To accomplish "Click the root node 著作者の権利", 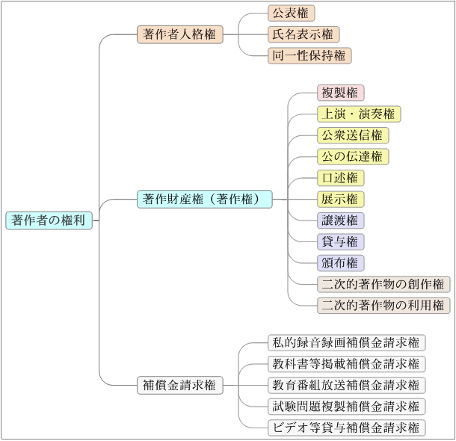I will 49,220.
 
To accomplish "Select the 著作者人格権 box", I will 179,34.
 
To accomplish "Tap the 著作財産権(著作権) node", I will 204,199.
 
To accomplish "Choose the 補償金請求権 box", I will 179,385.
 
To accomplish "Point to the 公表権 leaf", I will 292,13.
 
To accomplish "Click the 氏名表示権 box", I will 304,34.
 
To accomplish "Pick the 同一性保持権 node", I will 309,55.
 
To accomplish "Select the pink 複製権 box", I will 341,93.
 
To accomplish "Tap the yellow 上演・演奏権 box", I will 359,114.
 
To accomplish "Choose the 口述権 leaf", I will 341,178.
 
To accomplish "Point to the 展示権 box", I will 341,199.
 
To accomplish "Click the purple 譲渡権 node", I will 341,220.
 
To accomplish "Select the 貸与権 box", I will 341,241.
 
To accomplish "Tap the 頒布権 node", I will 341,263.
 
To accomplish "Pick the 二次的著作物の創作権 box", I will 383,284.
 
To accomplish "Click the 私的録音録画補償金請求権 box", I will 347,342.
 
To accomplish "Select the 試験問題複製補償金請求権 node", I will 347,406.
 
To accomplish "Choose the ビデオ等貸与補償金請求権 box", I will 347,428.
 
